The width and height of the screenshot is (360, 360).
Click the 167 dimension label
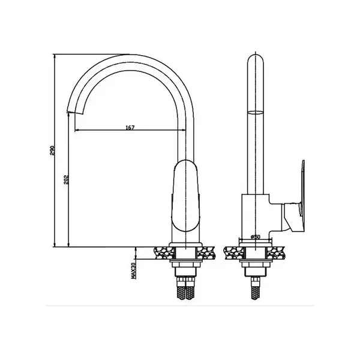(x=130, y=127)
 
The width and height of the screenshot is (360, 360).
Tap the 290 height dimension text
(x=52, y=151)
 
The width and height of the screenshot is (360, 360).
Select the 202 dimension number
(x=67, y=180)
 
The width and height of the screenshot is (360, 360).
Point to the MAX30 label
(x=133, y=271)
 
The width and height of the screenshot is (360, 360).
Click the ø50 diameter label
(x=256, y=237)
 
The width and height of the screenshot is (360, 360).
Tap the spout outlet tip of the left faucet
(x=75, y=113)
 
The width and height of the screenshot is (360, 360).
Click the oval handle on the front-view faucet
(x=186, y=196)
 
